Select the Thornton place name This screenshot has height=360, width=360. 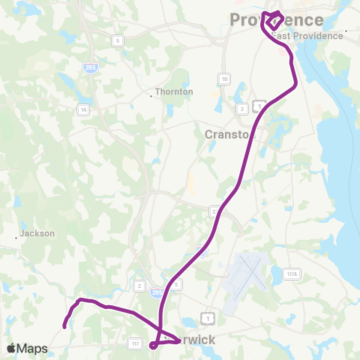click(x=175, y=92)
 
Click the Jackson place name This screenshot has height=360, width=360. click(x=37, y=233)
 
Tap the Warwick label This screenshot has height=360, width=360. click(x=191, y=340)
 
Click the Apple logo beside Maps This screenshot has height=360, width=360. click(x=11, y=348)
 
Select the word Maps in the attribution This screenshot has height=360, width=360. click(x=32, y=348)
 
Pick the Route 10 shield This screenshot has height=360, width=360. click(x=224, y=78)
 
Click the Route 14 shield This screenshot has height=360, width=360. click(x=84, y=109)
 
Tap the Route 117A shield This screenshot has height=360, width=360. click(x=291, y=274)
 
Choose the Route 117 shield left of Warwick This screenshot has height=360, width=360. click(x=135, y=343)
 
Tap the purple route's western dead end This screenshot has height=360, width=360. click(x=64, y=325)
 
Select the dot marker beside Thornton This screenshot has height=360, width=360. click(x=151, y=95)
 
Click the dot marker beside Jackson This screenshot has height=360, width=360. click(x=16, y=238)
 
